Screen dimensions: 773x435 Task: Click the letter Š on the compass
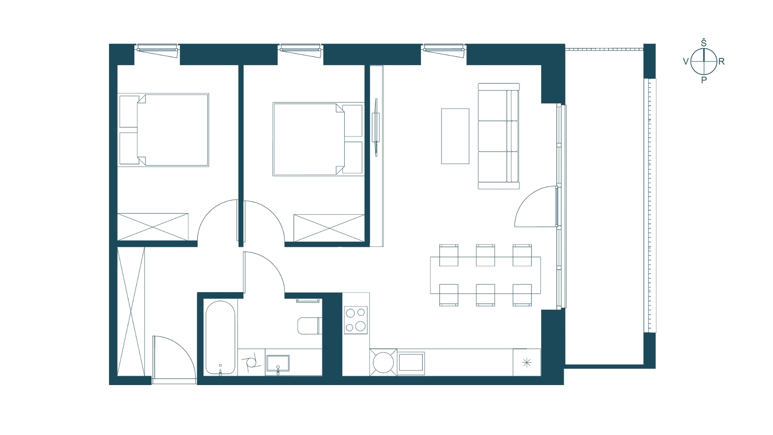[x=704, y=43]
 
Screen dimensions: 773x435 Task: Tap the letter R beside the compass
[x=721, y=62]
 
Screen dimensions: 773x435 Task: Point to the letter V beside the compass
[x=686, y=62]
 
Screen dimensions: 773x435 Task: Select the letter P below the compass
[x=704, y=80]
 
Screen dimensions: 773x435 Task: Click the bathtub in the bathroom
[x=220, y=338]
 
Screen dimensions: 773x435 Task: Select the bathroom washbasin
[x=278, y=363]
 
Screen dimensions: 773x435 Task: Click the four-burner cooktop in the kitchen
[x=355, y=320]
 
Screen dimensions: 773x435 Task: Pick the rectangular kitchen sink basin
[x=411, y=362]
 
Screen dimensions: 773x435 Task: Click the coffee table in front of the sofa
[x=455, y=136]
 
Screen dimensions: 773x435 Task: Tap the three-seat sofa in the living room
[x=498, y=136]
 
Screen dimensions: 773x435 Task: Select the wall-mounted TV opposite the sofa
[x=376, y=127]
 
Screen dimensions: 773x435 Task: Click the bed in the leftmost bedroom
[x=163, y=130]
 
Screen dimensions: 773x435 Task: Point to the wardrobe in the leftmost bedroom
[x=153, y=227]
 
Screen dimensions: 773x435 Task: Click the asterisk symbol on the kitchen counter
[x=527, y=363]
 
